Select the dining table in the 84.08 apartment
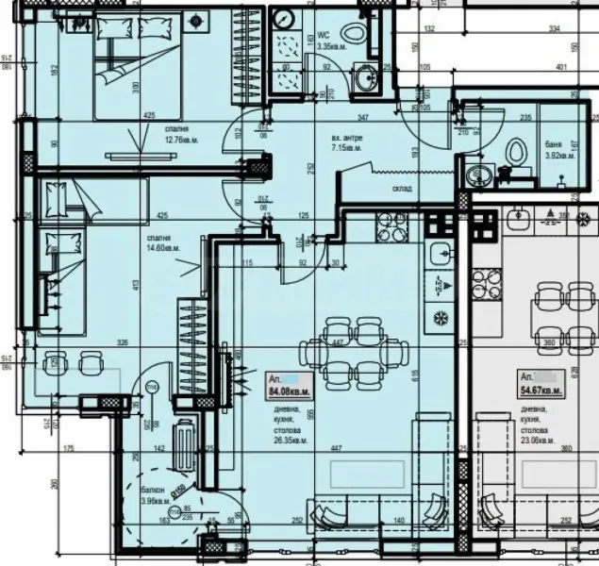363,345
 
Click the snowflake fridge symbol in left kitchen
440,315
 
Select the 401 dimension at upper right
563,67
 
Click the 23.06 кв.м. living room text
541,438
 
